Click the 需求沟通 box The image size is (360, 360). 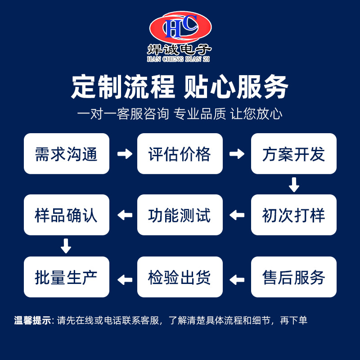pos(67,154)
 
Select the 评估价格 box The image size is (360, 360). pos(180,154)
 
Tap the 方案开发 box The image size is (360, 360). pos(293,154)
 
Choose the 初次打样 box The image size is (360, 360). pos(293,215)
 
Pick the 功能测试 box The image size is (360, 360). pos(180,215)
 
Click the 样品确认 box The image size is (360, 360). pos(67,215)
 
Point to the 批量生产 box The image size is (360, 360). pos(67,277)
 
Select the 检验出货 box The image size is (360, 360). pos(180,277)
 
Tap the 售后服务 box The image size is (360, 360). pos(293,277)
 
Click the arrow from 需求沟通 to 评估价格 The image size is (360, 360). pos(124,154)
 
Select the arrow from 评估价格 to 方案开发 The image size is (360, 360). pos(237,154)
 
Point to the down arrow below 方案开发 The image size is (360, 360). pos(294,184)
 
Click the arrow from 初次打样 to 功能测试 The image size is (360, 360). pos(237,215)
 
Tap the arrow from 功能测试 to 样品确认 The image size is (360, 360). pos(124,215)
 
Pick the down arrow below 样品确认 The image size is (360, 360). pos(66,246)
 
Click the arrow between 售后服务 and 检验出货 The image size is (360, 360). pos(237,279)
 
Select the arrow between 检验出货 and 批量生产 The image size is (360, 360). pos(124,279)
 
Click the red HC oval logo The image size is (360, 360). pos(180,27)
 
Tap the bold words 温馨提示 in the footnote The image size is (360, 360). pos(33,321)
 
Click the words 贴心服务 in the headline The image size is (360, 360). pos(236,87)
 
